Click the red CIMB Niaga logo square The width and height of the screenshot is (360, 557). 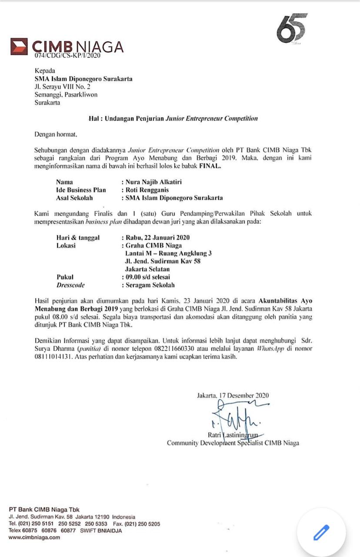pos(19,46)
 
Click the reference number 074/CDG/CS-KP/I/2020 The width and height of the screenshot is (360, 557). pos(67,55)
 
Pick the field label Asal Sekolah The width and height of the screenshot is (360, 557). pos(74,198)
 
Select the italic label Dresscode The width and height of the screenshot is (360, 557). pos(70,285)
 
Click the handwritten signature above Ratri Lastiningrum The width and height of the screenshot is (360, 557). pos(235,416)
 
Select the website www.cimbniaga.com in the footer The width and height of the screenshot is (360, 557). pos(34,537)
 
